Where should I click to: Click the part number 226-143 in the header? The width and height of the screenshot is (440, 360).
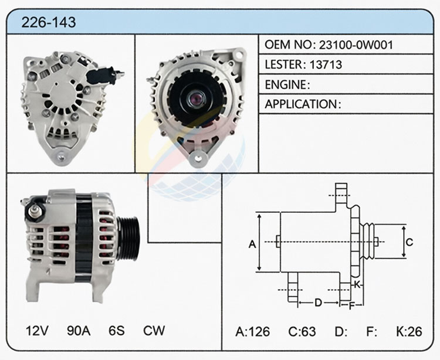click(49, 22)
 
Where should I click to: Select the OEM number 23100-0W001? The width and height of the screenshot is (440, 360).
click(356, 45)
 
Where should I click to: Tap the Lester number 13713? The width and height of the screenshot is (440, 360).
click(326, 64)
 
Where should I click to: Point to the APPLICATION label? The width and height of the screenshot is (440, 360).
click(300, 104)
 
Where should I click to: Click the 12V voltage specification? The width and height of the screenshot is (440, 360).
click(37, 331)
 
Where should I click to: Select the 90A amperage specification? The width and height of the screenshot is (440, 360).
click(79, 331)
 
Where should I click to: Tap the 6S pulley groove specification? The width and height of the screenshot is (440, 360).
click(117, 331)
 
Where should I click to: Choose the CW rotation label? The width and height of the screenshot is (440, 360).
click(154, 331)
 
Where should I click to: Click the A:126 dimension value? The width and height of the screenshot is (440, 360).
click(252, 332)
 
